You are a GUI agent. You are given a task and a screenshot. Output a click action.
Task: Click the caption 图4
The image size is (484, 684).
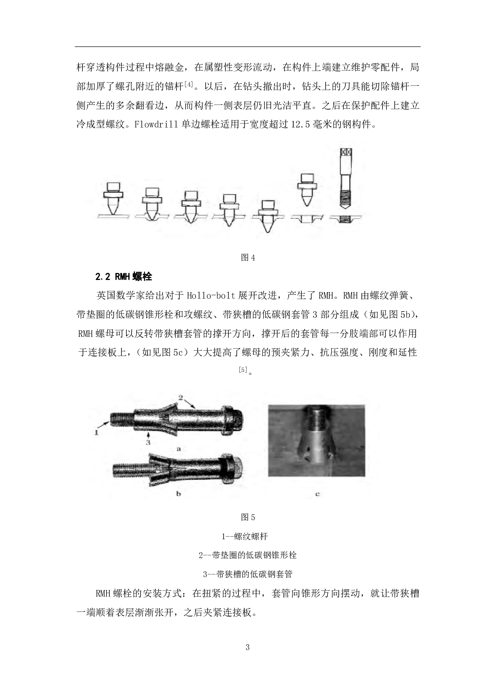pyautogui.click(x=248, y=258)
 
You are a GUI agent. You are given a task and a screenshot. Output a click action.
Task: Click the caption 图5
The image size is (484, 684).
pyautogui.click(x=248, y=517)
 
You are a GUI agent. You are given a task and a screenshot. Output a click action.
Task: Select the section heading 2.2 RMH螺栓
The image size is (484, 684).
pyautogui.click(x=123, y=277)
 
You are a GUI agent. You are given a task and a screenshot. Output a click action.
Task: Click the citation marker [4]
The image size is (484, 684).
pyautogui.click(x=189, y=85)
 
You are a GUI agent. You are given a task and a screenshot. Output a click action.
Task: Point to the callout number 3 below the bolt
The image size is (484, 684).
pyautogui.click(x=148, y=442)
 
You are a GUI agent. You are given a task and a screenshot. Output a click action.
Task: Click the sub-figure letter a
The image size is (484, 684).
pyautogui.click(x=179, y=449)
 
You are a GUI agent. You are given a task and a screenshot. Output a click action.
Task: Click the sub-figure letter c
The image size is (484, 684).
pyautogui.click(x=317, y=494)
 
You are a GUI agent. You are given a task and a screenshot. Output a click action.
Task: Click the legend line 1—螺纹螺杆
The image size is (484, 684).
pyautogui.click(x=245, y=537)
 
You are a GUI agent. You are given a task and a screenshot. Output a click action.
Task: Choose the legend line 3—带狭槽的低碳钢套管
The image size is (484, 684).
pyautogui.click(x=248, y=574)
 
